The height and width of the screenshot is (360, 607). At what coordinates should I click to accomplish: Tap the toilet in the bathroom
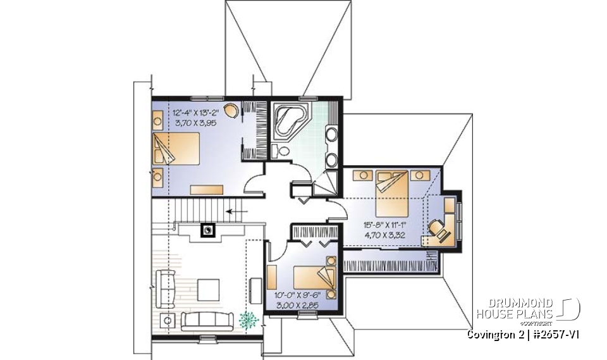click(281, 151)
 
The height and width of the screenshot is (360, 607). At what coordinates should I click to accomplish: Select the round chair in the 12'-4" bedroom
click(232, 111)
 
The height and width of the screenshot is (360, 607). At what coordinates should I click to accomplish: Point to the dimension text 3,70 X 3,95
click(194, 124)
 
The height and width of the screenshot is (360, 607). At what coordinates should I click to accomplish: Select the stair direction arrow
click(236, 212)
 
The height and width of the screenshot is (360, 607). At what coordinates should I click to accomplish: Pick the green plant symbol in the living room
click(248, 320)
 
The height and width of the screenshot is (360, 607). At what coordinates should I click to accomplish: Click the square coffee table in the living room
click(208, 290)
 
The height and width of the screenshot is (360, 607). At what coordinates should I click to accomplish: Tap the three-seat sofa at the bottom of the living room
click(208, 320)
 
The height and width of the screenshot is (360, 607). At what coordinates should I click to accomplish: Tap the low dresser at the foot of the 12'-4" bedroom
click(207, 189)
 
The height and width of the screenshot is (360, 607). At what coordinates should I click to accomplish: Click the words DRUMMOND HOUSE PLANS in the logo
click(514, 309)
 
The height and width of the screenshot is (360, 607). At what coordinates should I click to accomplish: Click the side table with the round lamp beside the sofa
click(168, 320)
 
